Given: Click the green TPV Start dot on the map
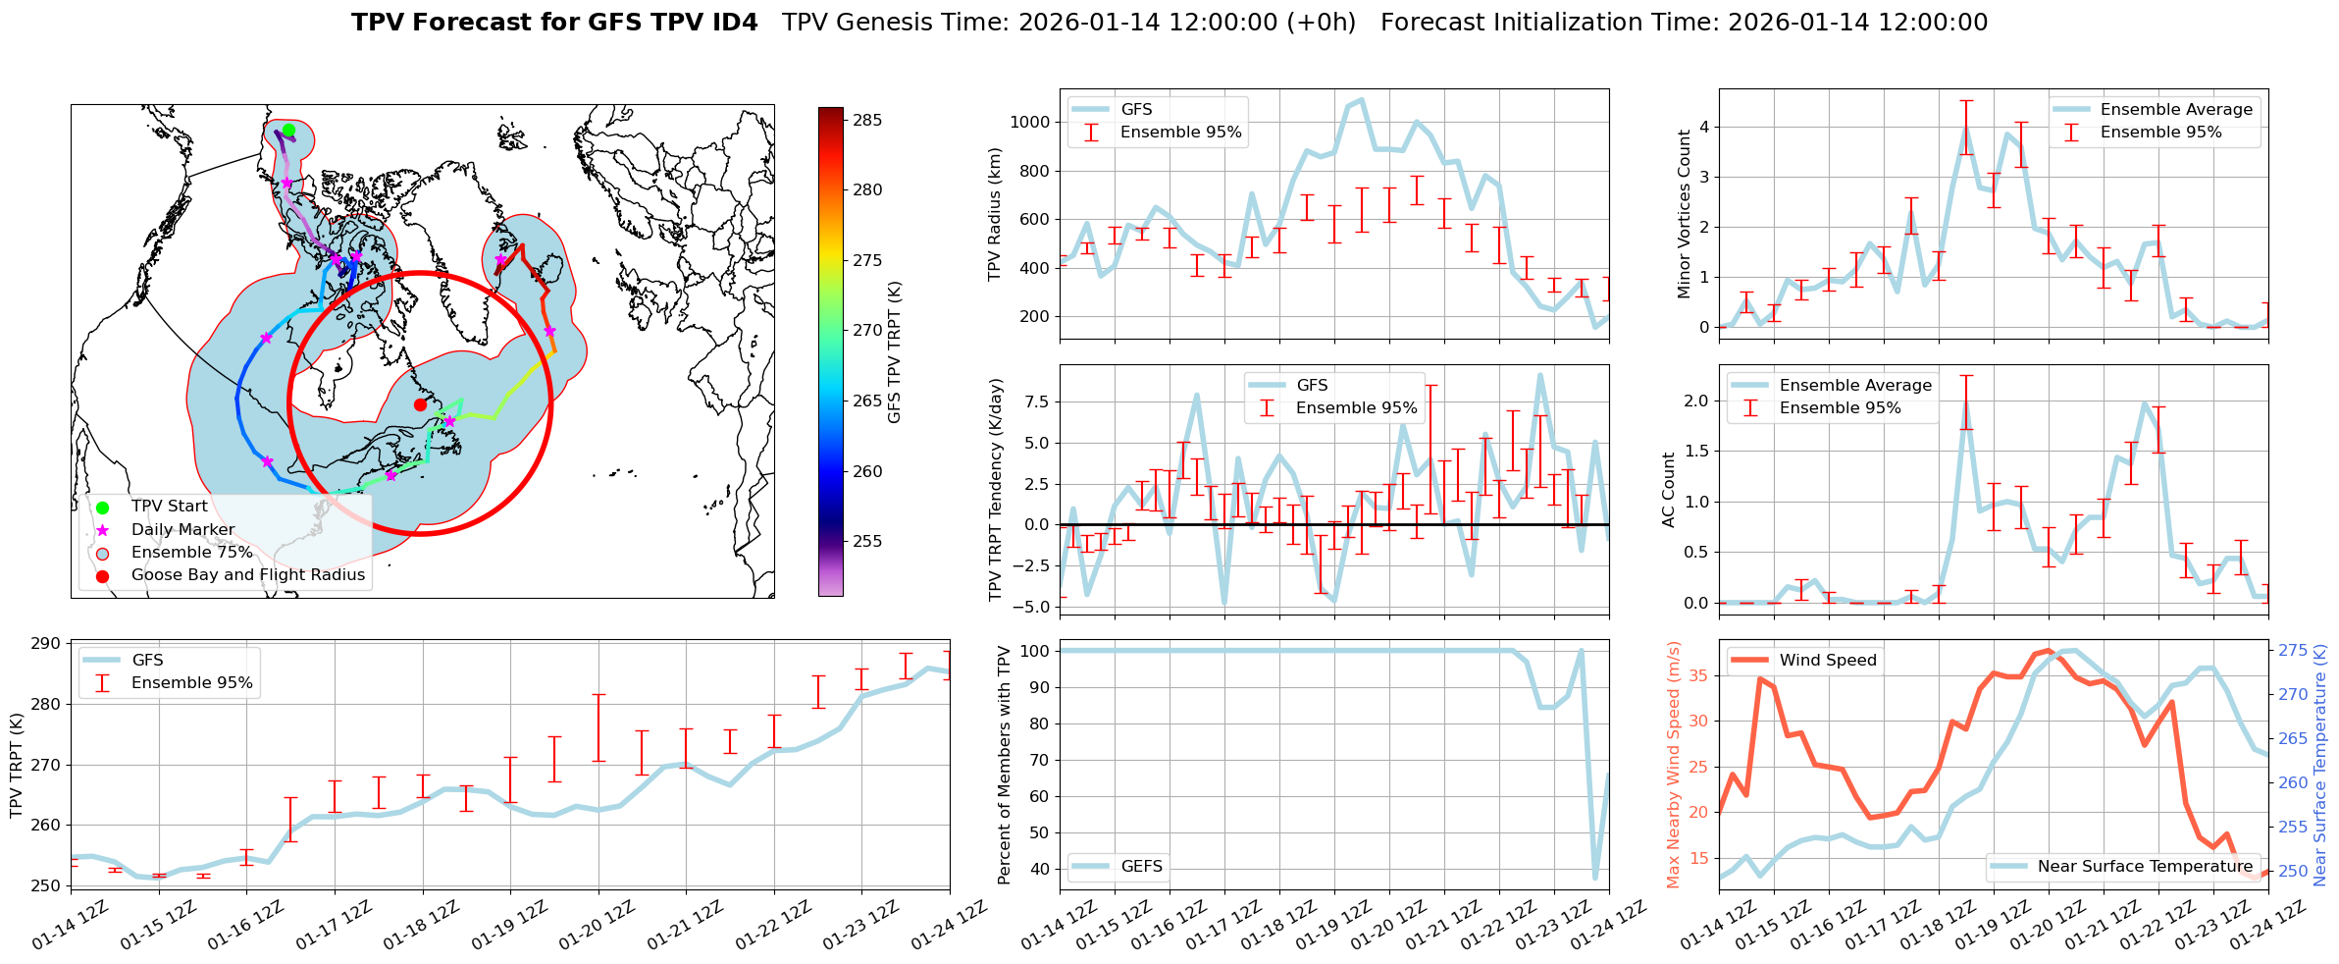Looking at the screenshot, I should (x=288, y=130).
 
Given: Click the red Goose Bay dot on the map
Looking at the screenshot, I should (x=420, y=404).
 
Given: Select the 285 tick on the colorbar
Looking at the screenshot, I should (x=867, y=120).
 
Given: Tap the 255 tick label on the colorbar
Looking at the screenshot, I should (x=867, y=541).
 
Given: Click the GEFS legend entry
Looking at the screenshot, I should (x=1141, y=866).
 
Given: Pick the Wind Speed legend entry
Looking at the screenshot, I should (x=1827, y=660).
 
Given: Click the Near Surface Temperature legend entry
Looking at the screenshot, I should (x=2145, y=866).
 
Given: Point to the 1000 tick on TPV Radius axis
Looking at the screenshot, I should (x=1030, y=122).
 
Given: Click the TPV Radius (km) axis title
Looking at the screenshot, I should (x=995, y=214).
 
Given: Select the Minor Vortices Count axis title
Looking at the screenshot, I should (x=1685, y=214).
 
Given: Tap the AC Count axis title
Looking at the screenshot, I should (x=1669, y=490).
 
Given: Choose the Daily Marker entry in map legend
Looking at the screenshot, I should (x=182, y=529).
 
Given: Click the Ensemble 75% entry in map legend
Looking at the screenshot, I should (x=191, y=552).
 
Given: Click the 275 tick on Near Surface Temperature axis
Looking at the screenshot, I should (x=2292, y=650).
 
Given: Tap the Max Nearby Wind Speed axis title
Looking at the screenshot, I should (x=1673, y=765).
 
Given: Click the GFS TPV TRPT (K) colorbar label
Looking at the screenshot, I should (x=894, y=352).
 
